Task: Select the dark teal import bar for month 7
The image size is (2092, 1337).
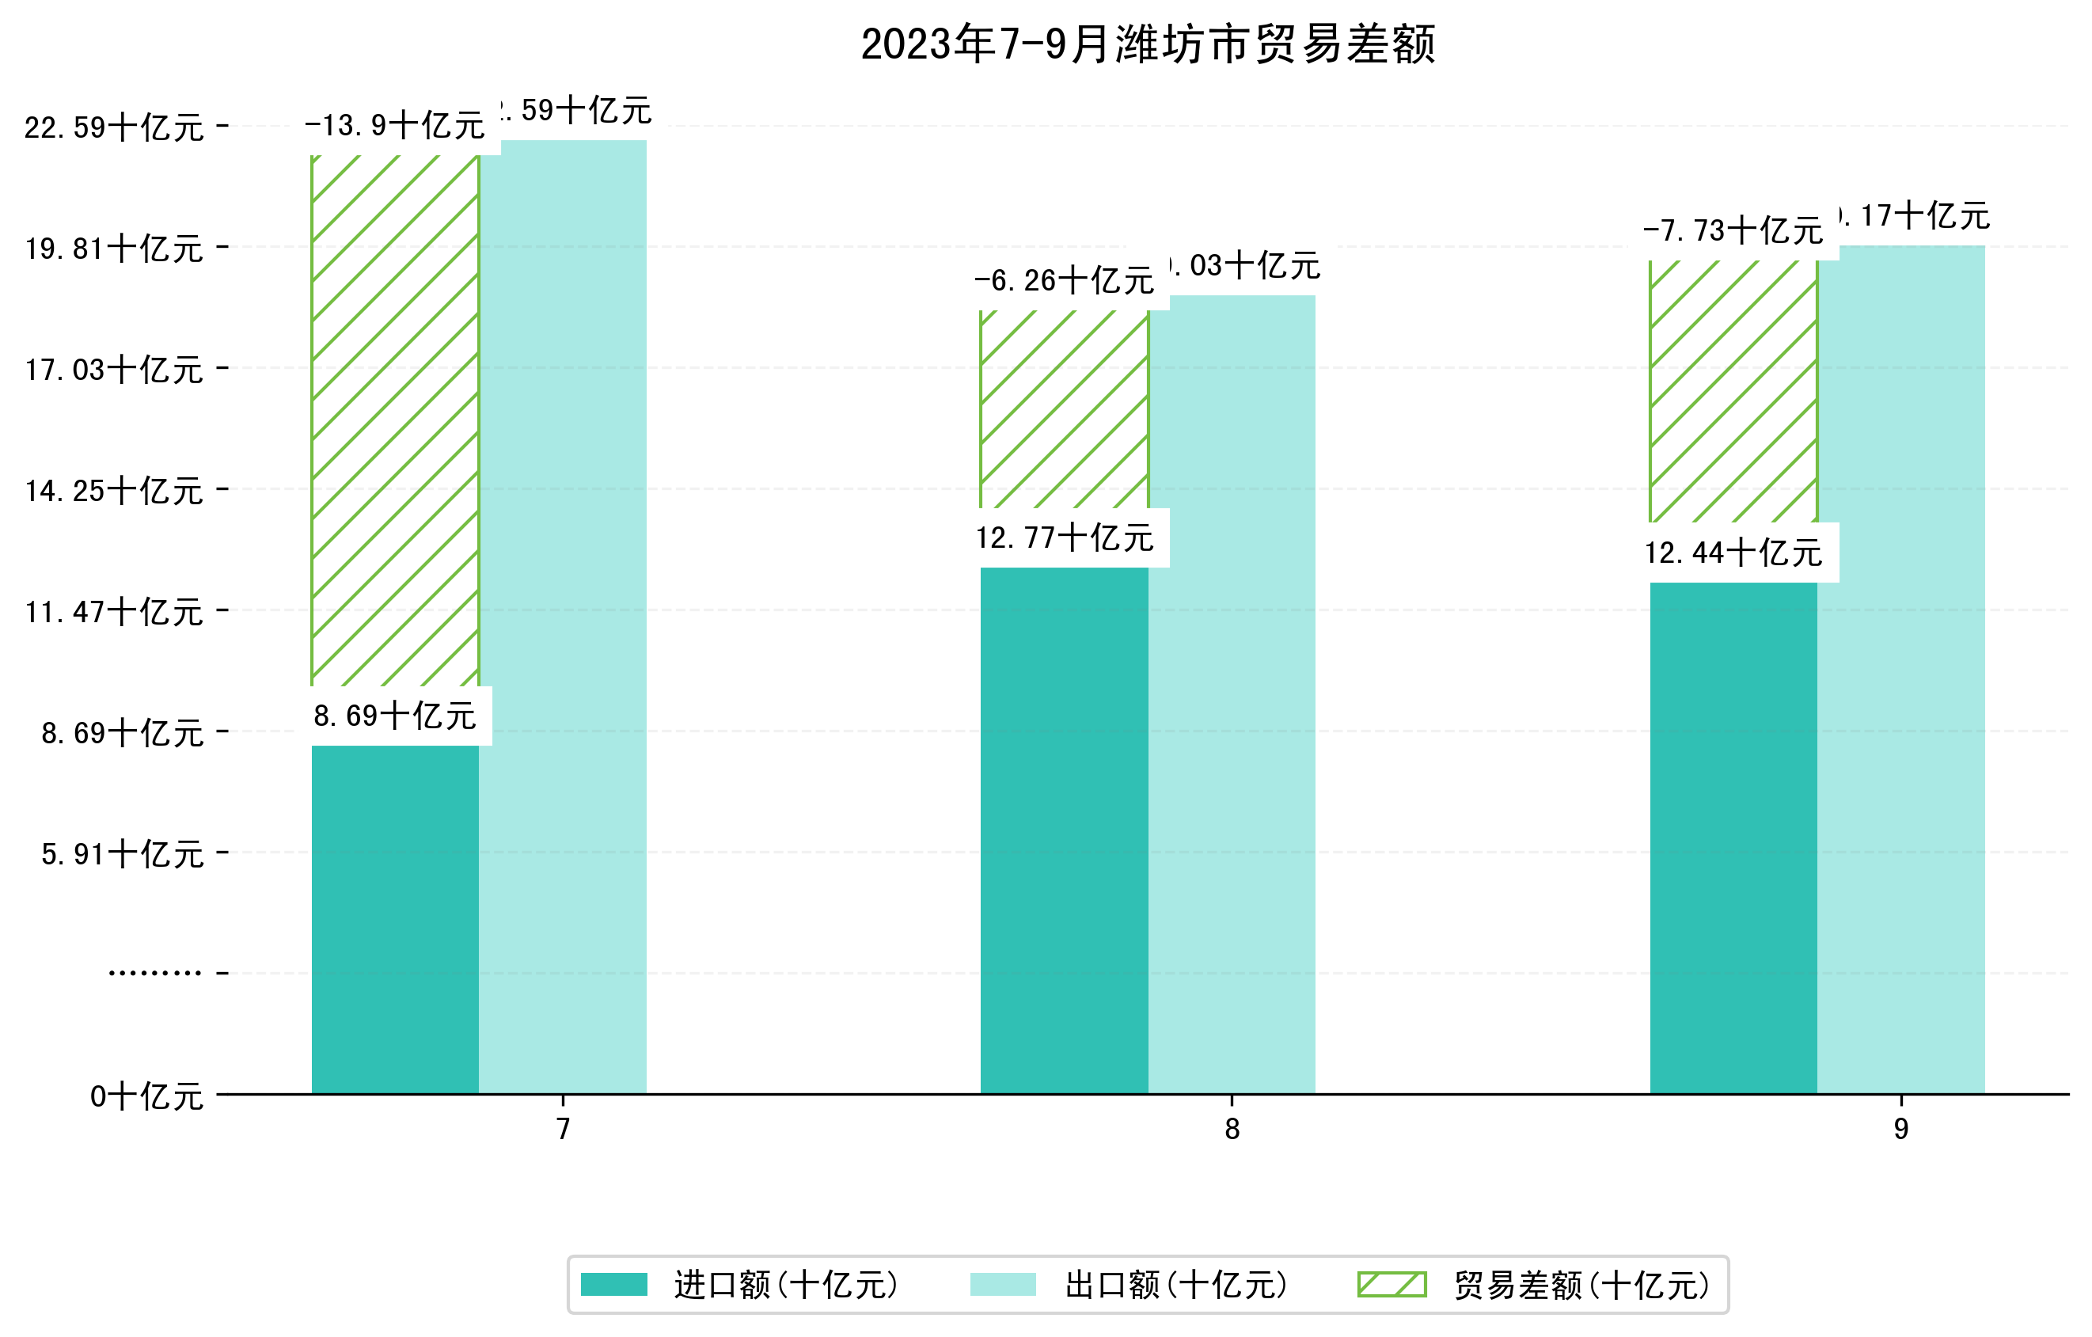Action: [395, 919]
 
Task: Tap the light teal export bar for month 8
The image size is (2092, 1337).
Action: [1232, 695]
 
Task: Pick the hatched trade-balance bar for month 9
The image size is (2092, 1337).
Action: [1733, 391]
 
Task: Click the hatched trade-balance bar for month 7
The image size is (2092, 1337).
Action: [395, 421]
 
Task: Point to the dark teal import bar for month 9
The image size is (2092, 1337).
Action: [1733, 838]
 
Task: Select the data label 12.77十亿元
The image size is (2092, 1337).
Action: [1065, 537]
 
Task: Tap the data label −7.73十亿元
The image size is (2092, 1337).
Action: [1733, 231]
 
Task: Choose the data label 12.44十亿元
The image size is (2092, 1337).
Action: [1733, 553]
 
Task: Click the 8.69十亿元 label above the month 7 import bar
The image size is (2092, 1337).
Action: [395, 716]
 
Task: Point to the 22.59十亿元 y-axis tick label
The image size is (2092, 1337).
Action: [114, 127]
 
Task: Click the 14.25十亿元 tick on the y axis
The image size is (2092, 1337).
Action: [114, 492]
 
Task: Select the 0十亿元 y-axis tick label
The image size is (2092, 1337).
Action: [146, 1096]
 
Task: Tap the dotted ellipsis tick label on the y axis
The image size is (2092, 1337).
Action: [154, 973]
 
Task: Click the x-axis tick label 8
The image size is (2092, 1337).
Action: [1232, 1130]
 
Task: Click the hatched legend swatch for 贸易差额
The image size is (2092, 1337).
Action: [1392, 1285]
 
